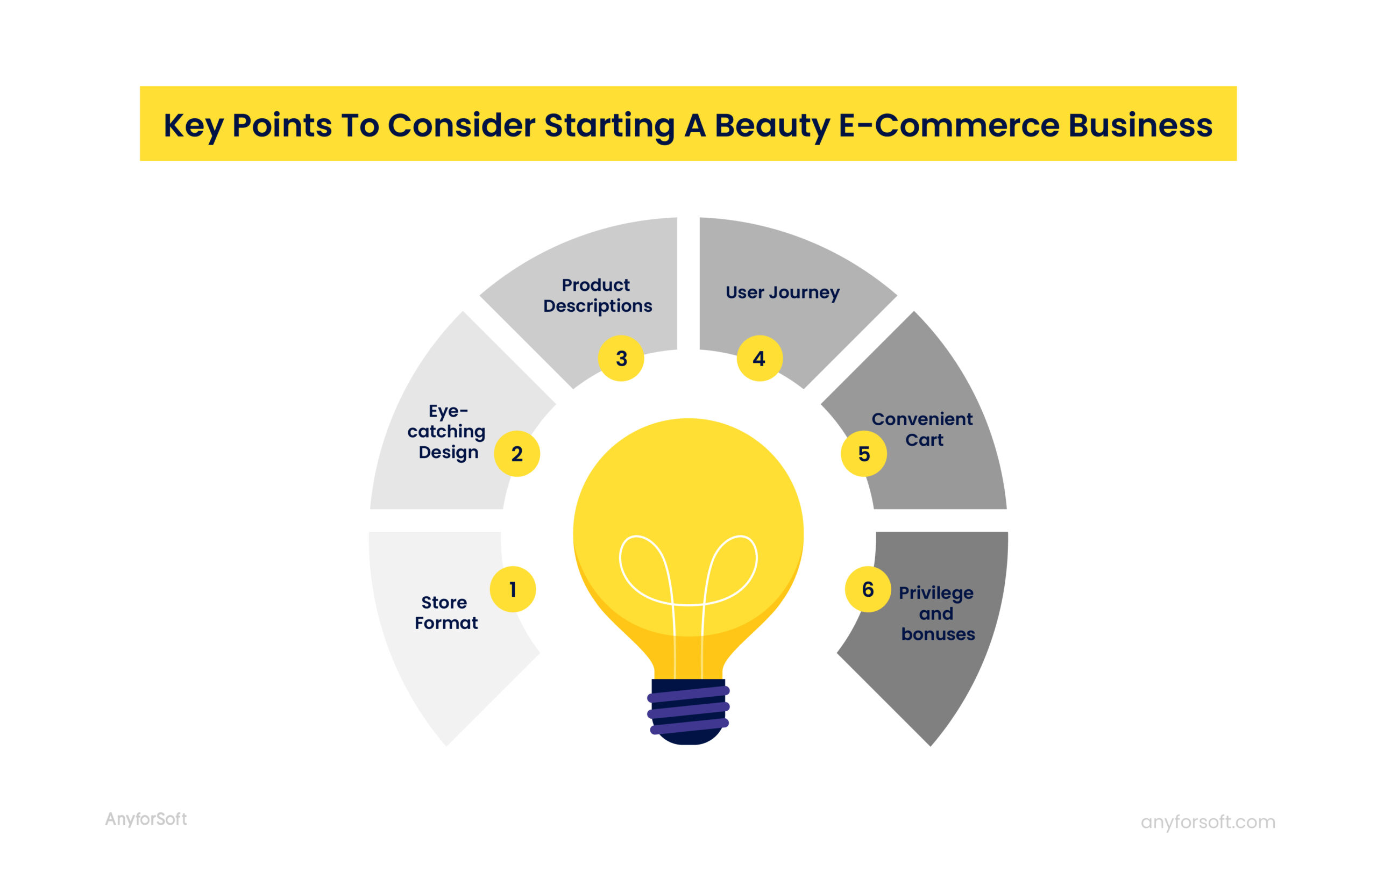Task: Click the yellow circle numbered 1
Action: (x=513, y=589)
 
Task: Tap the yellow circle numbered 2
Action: (x=517, y=454)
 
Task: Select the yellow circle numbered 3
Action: (x=621, y=358)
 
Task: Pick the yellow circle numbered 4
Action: (x=760, y=358)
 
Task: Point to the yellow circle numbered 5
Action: (x=864, y=454)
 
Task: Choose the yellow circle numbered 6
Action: (x=868, y=589)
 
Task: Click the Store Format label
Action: (x=445, y=612)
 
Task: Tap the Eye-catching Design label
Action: (x=447, y=431)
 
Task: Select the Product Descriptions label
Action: (x=597, y=296)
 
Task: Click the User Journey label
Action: (x=782, y=292)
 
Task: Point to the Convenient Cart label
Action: (x=922, y=429)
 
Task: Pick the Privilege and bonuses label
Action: (x=936, y=613)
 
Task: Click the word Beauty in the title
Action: (x=772, y=125)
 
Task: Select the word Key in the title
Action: (x=193, y=125)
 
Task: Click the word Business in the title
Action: (x=1140, y=125)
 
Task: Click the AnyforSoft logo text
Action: (x=146, y=819)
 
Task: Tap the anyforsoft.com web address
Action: (x=1208, y=821)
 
